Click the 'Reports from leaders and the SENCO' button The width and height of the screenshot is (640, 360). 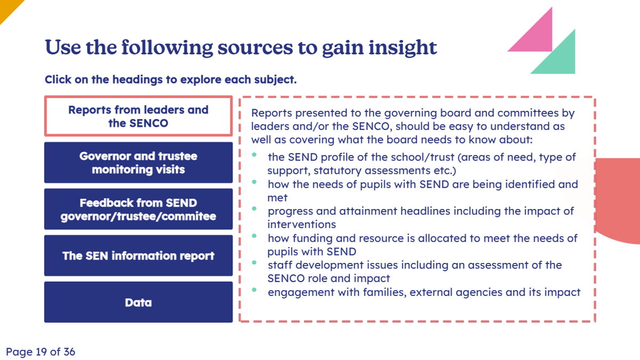tap(138, 116)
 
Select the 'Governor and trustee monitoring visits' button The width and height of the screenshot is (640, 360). tap(138, 163)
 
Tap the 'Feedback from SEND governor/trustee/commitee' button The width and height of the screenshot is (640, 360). tap(138, 209)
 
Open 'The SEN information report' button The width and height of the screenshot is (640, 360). tap(138, 255)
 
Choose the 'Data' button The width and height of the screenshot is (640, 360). tap(138, 302)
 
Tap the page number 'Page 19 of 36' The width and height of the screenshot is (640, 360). tap(41, 351)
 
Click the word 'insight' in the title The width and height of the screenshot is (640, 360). tap(403, 47)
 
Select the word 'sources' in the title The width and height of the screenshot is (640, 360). tap(255, 47)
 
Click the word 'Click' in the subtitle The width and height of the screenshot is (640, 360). tap(58, 79)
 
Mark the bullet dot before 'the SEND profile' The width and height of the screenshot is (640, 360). tap(254, 155)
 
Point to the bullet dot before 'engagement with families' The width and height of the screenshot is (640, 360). tap(254, 290)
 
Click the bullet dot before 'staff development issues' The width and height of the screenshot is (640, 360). tap(254, 263)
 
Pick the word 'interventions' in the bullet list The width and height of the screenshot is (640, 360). tap(302, 225)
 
